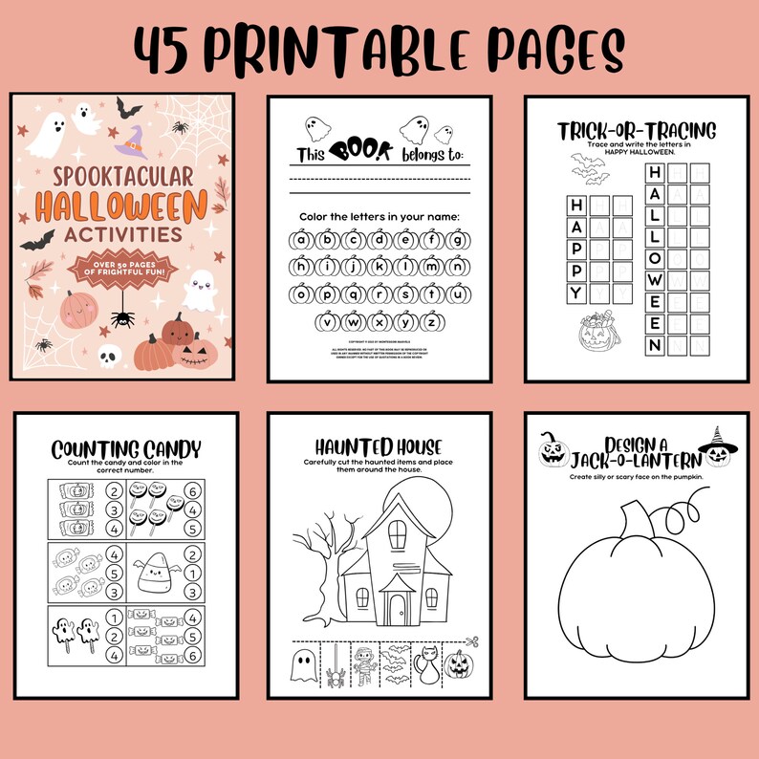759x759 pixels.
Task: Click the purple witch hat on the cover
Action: coord(130,142)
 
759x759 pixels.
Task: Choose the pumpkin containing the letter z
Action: coord(430,321)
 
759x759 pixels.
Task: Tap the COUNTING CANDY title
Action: coord(125,449)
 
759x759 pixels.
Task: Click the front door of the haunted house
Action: coord(397,606)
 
